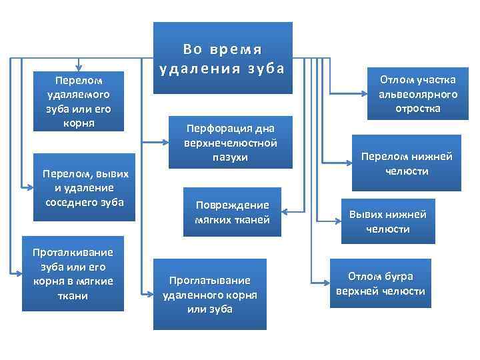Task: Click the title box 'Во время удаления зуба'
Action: pyautogui.click(x=223, y=59)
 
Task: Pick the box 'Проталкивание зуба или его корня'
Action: pyautogui.click(x=73, y=273)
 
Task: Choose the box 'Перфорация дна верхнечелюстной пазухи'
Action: pyautogui.click(x=231, y=141)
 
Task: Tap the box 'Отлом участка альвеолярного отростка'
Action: pyautogui.click(x=418, y=94)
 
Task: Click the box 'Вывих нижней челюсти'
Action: pyautogui.click(x=388, y=221)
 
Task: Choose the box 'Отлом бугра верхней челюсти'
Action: pyautogui.click(x=381, y=284)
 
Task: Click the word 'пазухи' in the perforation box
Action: pyautogui.click(x=231, y=157)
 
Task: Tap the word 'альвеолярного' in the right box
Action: pyautogui.click(x=418, y=94)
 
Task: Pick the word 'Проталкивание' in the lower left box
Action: pyautogui.click(x=73, y=252)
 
